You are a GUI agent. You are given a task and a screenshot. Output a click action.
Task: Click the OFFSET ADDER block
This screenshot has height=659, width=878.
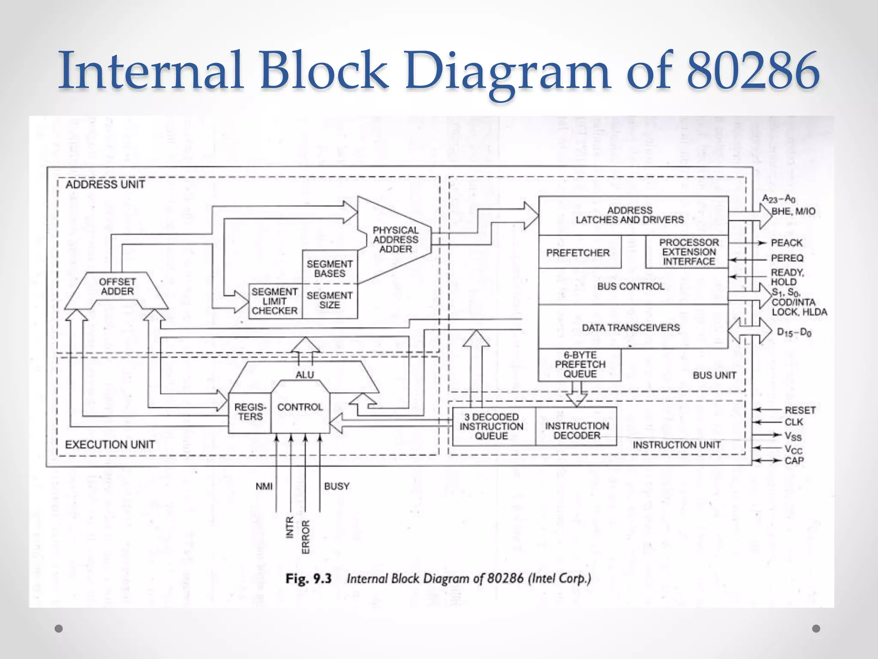(x=117, y=287)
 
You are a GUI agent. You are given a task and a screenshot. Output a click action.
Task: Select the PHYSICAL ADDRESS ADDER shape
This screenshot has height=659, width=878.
(x=395, y=240)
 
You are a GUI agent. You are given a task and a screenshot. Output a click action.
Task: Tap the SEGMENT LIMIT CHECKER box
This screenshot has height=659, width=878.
(x=275, y=301)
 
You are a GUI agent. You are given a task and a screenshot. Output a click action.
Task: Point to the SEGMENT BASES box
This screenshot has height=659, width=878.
(x=330, y=269)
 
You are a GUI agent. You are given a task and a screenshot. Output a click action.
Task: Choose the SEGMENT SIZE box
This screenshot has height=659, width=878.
(x=330, y=300)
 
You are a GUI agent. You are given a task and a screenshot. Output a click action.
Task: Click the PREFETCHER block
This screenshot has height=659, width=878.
(x=577, y=253)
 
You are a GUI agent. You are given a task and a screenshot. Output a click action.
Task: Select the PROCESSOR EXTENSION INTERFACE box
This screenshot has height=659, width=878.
(x=689, y=252)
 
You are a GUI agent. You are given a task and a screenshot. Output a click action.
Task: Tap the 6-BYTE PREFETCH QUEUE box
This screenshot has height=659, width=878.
(x=580, y=365)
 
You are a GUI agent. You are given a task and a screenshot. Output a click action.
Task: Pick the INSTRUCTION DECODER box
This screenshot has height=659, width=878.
(x=577, y=430)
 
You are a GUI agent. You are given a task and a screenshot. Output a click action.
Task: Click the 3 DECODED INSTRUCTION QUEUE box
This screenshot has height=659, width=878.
(x=491, y=426)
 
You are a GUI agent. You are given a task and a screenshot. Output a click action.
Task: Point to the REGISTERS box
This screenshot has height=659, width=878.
(x=250, y=412)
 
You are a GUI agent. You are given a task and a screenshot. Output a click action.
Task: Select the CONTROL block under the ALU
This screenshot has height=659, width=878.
(x=300, y=408)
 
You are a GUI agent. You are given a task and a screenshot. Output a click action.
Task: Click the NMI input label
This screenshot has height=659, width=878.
(x=264, y=487)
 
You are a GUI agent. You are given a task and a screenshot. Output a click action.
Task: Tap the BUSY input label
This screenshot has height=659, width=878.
(x=337, y=487)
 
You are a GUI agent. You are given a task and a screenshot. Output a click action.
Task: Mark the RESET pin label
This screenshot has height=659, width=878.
(x=800, y=410)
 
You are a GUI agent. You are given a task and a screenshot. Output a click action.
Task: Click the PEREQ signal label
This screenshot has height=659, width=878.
(x=787, y=258)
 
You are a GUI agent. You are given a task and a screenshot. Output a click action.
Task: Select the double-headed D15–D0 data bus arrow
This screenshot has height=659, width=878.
(x=750, y=331)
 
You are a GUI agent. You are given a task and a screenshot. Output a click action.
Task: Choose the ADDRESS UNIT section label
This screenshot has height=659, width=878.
(x=105, y=184)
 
